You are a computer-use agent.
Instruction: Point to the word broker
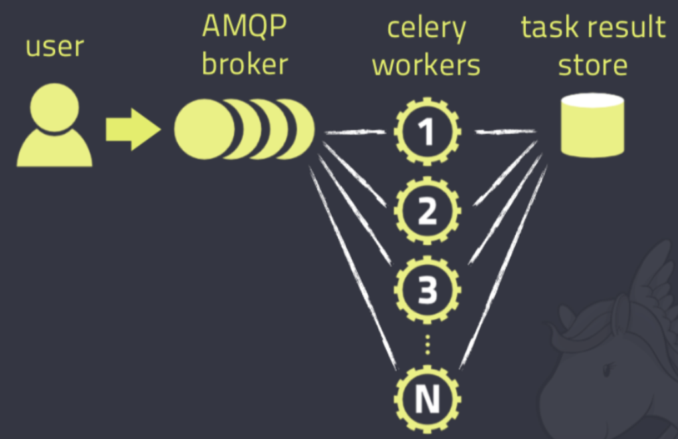click(x=245, y=65)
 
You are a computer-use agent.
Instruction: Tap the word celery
click(x=426, y=30)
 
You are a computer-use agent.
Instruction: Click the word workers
click(x=426, y=65)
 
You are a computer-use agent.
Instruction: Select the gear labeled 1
click(x=427, y=132)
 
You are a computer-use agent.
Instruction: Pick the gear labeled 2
click(x=427, y=211)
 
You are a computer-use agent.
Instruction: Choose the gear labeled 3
click(x=427, y=290)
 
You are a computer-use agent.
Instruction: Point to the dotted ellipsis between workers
click(x=427, y=344)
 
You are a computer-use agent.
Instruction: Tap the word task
click(x=544, y=28)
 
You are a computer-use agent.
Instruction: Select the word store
click(x=592, y=65)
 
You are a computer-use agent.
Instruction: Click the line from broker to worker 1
click(x=356, y=133)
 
